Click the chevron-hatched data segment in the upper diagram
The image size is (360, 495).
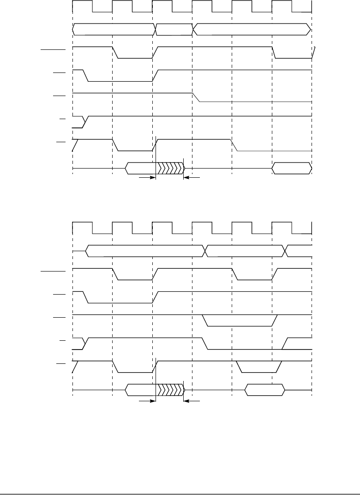170,168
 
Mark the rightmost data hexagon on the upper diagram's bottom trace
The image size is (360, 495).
291,168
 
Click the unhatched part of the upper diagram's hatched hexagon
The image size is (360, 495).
141,168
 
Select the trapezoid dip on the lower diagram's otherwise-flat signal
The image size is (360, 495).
240,320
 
